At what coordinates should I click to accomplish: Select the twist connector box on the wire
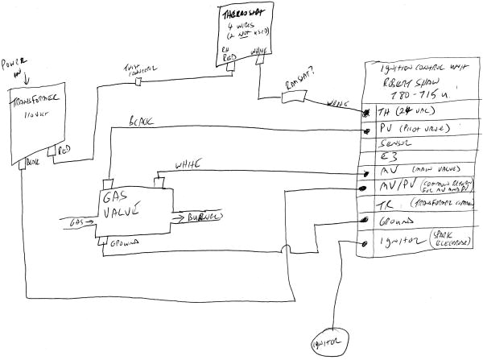click(137, 82)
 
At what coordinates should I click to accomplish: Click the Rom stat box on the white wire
click(295, 97)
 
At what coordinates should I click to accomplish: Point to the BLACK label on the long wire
click(142, 125)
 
